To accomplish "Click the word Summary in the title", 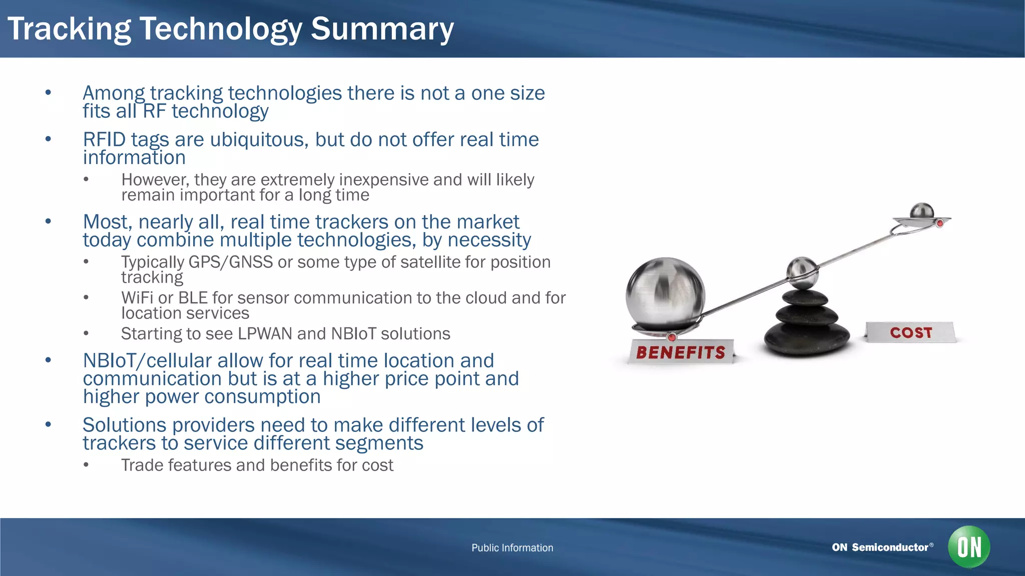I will point(382,29).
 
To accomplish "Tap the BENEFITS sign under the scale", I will point(681,352).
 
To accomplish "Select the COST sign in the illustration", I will point(911,332).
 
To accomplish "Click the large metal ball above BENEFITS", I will point(665,294).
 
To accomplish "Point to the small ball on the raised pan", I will point(921,211).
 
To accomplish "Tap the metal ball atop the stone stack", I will point(802,272).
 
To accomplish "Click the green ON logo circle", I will point(969,546).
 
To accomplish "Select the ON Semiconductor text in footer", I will point(880,547).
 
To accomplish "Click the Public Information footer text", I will point(512,547).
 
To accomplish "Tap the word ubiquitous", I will point(259,139).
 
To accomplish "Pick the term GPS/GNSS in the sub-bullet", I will point(230,262).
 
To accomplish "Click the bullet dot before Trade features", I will point(86,465).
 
